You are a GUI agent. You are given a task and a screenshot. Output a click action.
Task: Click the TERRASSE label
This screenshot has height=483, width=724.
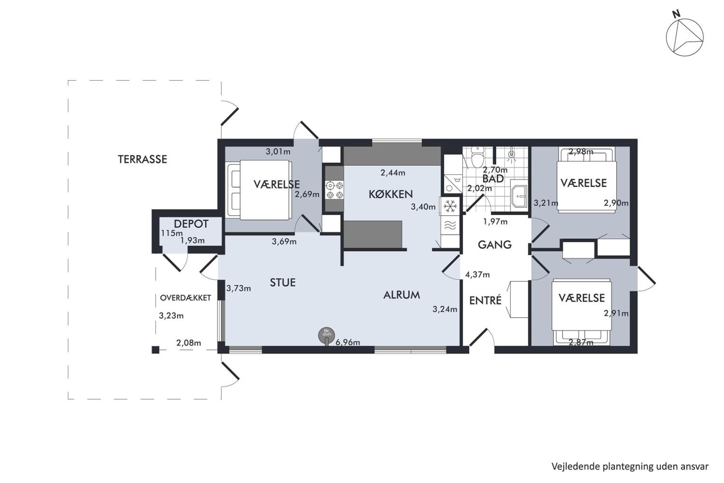click(x=143, y=159)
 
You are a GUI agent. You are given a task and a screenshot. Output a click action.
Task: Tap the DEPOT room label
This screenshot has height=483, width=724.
click(x=191, y=224)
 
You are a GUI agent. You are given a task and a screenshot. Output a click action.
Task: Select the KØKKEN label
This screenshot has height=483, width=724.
click(x=391, y=194)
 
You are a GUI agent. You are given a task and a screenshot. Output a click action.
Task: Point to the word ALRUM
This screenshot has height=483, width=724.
click(x=402, y=295)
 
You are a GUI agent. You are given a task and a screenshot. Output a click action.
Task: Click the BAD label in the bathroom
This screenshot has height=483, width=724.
click(x=493, y=179)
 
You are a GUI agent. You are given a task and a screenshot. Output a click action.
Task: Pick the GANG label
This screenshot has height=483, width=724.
click(x=495, y=245)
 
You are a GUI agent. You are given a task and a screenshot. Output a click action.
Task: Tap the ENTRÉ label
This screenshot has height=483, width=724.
click(x=485, y=300)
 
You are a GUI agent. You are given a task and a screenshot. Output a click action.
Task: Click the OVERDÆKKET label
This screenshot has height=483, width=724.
click(x=186, y=298)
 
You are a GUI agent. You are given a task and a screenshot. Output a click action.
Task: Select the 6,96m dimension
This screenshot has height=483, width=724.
click(x=348, y=342)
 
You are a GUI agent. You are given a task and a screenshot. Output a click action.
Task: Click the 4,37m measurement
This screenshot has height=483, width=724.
click(x=477, y=274)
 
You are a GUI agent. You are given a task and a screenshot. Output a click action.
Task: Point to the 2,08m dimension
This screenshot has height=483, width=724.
click(x=189, y=343)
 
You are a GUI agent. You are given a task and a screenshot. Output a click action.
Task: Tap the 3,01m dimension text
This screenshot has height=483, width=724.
click(x=278, y=152)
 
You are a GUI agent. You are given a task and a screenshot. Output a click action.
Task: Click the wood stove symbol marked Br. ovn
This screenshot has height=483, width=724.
click(x=326, y=334)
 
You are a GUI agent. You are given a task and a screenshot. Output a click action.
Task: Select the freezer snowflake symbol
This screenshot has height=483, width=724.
click(x=450, y=206)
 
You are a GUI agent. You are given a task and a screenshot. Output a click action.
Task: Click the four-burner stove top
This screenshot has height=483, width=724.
click(x=334, y=190)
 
